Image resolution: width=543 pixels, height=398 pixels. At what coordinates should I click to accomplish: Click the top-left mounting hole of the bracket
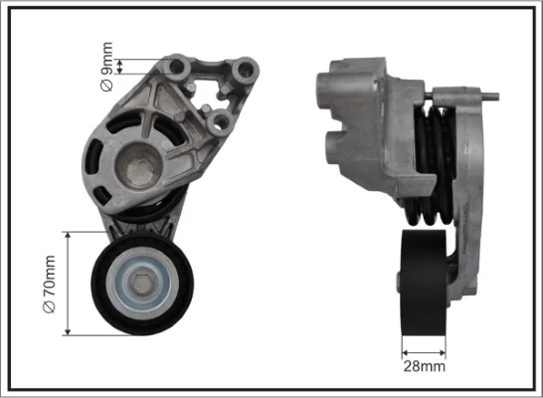pos(179,67)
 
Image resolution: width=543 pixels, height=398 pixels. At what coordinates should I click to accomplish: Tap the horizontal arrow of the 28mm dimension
pos(425,350)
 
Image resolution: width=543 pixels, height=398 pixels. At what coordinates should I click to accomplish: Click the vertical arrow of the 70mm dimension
pos(66,285)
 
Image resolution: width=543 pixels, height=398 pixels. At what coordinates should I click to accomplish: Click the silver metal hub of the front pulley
pos(144,285)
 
